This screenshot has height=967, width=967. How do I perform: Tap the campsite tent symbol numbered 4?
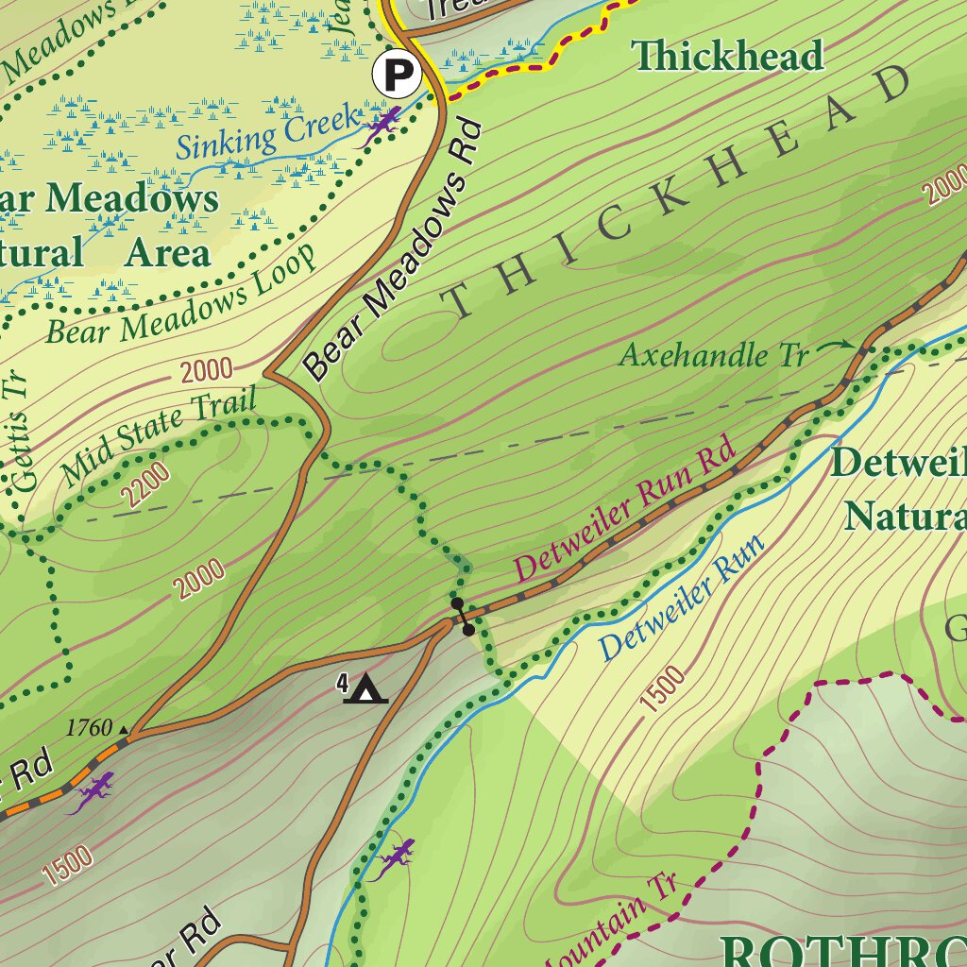pyautogui.click(x=365, y=688)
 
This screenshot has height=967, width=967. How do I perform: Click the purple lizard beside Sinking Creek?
pyautogui.click(x=382, y=123)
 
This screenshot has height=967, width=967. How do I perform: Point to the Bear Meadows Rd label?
pyautogui.click(x=395, y=252)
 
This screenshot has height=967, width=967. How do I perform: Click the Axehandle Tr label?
pyautogui.click(x=714, y=356)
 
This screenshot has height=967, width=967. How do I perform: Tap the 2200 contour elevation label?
pyautogui.click(x=146, y=484)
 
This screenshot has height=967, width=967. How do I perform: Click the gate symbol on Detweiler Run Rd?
pyautogui.click(x=463, y=616)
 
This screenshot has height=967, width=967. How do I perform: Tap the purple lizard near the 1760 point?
pyautogui.click(x=93, y=791)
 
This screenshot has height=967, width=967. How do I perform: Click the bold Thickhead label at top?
pyautogui.click(x=729, y=56)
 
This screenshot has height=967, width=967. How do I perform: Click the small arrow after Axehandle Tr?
pyautogui.click(x=834, y=348)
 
